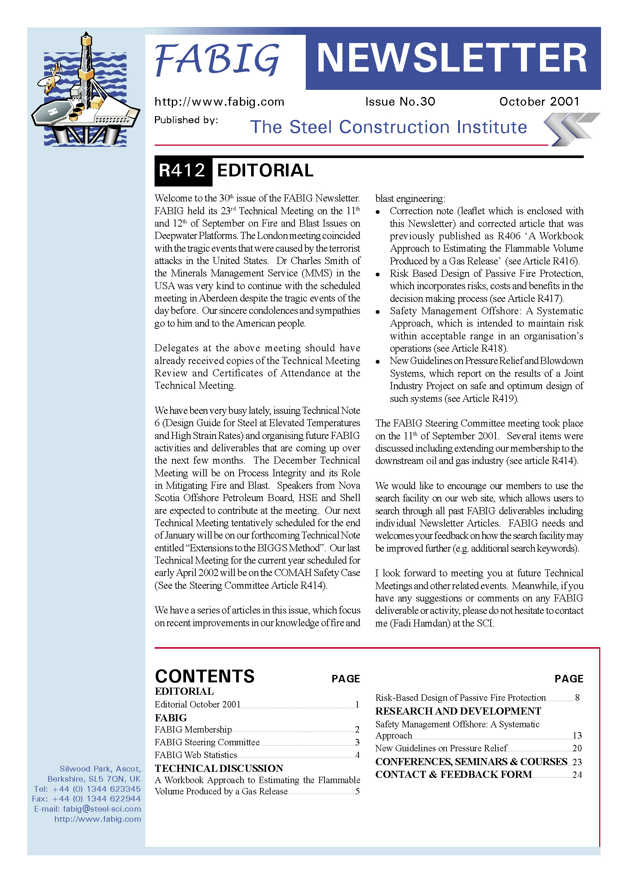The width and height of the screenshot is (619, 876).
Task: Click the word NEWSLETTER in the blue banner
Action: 452,58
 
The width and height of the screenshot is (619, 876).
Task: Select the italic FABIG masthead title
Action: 218,60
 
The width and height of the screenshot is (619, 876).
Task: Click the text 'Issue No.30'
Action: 400,101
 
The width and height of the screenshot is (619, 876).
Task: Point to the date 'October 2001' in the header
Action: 539,101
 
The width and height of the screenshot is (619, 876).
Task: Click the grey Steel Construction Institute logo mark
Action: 571,129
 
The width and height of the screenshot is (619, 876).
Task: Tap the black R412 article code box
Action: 183,170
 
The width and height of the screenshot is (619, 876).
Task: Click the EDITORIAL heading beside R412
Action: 265,170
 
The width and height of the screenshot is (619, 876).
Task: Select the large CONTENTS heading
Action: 205,676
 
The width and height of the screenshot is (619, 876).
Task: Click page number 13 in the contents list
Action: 577,735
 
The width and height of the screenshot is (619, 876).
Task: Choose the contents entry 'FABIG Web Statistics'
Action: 196,755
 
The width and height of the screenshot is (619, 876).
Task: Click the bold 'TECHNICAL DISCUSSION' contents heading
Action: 219,768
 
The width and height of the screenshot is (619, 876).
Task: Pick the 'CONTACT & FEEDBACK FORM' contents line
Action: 454,774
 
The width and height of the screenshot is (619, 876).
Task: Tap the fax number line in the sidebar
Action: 86,798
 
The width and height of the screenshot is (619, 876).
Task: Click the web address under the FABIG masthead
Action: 219,102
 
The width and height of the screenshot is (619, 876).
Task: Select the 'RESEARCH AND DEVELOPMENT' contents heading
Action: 458,711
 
